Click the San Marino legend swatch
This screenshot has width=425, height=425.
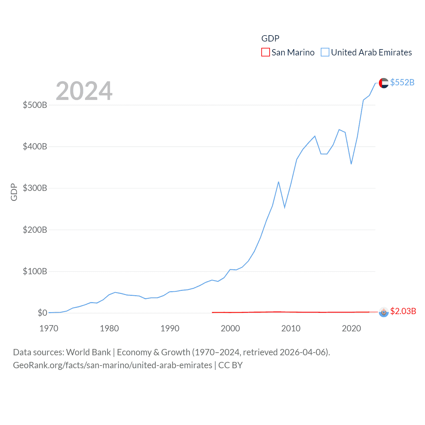[265, 52]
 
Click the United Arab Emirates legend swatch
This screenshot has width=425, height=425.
[325, 52]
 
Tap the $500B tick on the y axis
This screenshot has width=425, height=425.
[35, 105]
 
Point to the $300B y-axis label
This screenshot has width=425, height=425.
[35, 188]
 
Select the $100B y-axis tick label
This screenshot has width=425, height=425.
[35, 271]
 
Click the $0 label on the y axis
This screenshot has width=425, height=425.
[42, 313]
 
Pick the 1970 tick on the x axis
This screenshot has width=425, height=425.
[49, 328]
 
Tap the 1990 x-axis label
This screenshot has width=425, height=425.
[170, 328]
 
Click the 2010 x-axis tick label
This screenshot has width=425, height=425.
[291, 328]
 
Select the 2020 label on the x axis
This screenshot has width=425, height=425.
[351, 328]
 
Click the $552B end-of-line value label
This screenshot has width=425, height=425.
[402, 82]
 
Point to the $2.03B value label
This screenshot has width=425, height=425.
[403, 311]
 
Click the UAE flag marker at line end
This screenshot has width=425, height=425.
[383, 83]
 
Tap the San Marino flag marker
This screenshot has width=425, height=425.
[383, 312]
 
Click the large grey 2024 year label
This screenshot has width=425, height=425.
[84, 91]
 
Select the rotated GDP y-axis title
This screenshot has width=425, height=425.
[14, 192]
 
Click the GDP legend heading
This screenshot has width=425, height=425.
[270, 39]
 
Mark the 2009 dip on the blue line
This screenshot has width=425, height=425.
[285, 208]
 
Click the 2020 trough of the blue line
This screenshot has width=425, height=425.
[351, 164]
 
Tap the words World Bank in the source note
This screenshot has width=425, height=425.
[88, 352]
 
